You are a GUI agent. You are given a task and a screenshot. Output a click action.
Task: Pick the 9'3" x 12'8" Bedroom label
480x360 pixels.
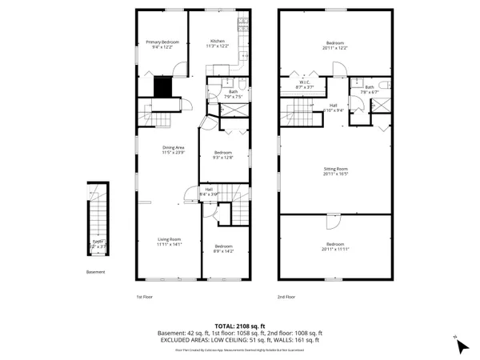[x=222, y=154]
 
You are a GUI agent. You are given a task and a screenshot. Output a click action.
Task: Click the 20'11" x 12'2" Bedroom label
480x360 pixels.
[x=335, y=45]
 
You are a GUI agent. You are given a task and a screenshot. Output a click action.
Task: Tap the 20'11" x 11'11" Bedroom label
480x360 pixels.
[x=335, y=246]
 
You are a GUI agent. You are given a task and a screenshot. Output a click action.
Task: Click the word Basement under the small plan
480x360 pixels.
[x=95, y=272]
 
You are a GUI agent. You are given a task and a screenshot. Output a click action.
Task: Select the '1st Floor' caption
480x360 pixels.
[x=144, y=296]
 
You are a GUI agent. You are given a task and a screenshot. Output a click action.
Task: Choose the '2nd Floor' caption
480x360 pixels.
[x=286, y=296]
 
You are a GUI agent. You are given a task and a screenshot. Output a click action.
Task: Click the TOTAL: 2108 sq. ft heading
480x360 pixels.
[x=239, y=326]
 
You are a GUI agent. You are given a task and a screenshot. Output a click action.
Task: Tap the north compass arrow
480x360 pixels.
[x=461, y=346]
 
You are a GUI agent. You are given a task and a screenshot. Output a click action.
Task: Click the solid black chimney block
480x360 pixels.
[x=164, y=86]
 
